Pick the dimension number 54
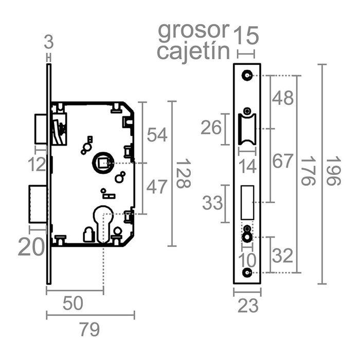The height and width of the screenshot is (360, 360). coord(157,135)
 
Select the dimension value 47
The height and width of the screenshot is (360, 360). coord(157,187)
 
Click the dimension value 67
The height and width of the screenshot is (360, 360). coord(283,161)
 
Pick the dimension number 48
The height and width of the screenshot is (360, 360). coord(283,97)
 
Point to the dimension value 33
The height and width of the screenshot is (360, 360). coord(212,203)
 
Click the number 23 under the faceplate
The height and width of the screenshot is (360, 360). coord(248,307)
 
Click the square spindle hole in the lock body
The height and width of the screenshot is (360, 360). coord(101,164)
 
